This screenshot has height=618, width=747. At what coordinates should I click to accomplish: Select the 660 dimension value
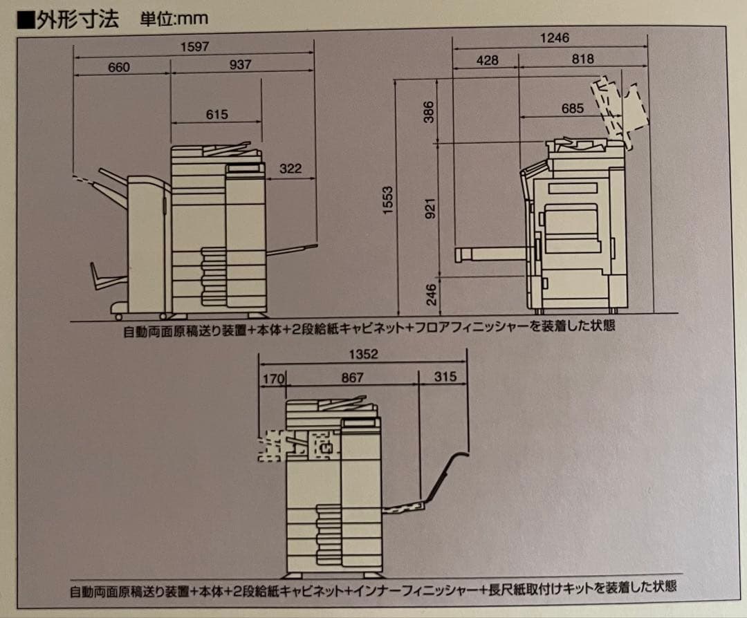point(119,67)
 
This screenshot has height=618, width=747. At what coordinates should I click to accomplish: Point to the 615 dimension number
point(216,115)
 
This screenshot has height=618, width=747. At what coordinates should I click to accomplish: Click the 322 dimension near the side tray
point(290,169)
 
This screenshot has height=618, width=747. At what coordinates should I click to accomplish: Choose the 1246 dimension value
point(554,38)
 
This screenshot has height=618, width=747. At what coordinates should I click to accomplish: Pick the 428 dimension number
point(487,60)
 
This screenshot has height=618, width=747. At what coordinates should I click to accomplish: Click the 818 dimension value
point(582,59)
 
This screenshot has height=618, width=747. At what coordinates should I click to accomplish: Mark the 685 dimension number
point(572,109)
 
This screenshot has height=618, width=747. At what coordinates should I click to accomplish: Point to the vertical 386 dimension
point(429,112)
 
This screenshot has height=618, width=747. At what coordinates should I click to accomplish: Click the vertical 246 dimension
point(430,294)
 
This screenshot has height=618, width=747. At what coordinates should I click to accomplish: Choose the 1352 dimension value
point(363,355)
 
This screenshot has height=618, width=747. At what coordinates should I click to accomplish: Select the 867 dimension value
point(352,378)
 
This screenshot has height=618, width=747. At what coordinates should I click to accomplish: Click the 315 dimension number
point(445,377)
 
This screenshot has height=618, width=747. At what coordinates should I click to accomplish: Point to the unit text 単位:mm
point(175,19)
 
